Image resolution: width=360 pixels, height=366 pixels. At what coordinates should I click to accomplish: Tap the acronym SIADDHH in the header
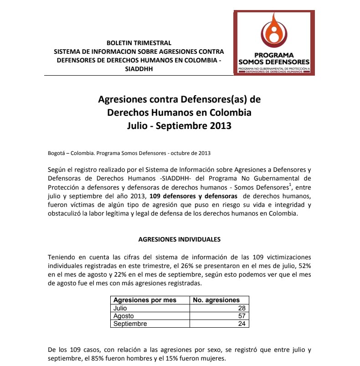pos(139,69)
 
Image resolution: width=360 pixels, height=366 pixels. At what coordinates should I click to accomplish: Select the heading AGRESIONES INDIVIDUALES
pos(179,239)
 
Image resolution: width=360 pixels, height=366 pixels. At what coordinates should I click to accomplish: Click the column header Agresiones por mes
pos(144,300)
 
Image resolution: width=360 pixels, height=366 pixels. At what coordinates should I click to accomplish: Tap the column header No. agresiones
pos(216,300)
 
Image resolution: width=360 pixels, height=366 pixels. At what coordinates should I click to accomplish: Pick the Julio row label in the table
pos(120,308)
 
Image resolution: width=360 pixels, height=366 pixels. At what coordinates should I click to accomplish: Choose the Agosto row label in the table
pos(124,316)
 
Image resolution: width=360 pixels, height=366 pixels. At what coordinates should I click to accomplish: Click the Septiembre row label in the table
pos(130,324)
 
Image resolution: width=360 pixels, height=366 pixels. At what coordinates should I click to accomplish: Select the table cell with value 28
pos(242,308)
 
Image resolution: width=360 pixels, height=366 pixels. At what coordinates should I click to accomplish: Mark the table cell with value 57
pos(242,316)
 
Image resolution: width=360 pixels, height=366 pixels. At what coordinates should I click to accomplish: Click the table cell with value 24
pos(242,324)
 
